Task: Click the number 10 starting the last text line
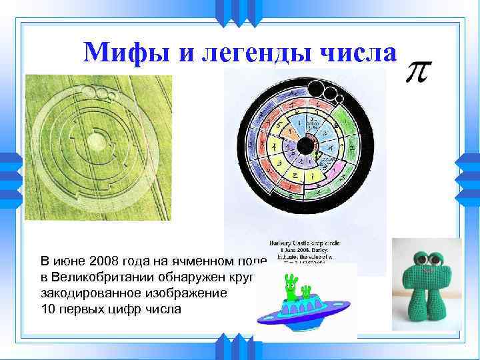click(x=48, y=309)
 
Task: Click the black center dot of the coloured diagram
click(x=306, y=146)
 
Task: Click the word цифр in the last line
click(x=127, y=309)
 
